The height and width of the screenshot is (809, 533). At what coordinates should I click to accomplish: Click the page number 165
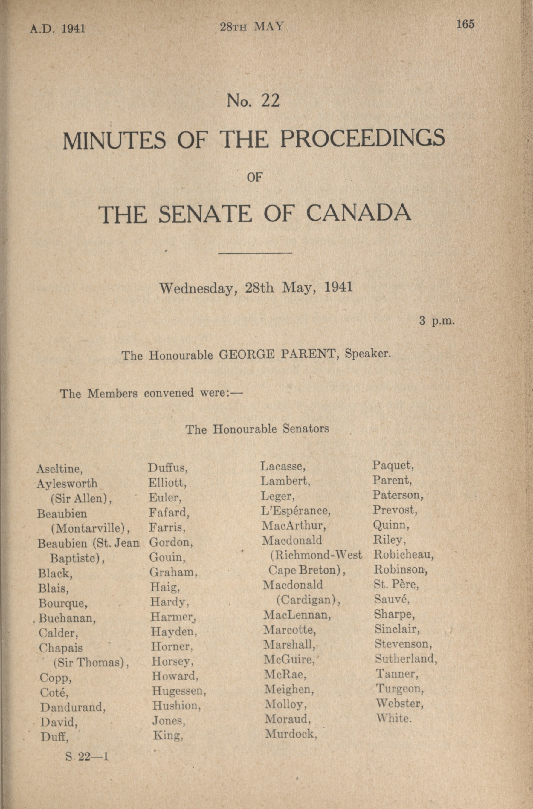click(465, 25)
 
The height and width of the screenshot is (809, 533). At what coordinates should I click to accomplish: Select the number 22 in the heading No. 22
click(270, 101)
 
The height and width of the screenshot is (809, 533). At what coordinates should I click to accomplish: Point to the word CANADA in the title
click(359, 214)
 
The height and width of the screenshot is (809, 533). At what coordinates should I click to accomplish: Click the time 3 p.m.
click(437, 321)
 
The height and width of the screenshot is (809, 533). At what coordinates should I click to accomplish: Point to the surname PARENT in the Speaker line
click(309, 355)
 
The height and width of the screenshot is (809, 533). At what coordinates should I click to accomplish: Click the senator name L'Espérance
click(296, 510)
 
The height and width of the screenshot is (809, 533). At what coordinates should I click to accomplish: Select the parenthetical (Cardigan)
click(308, 600)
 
